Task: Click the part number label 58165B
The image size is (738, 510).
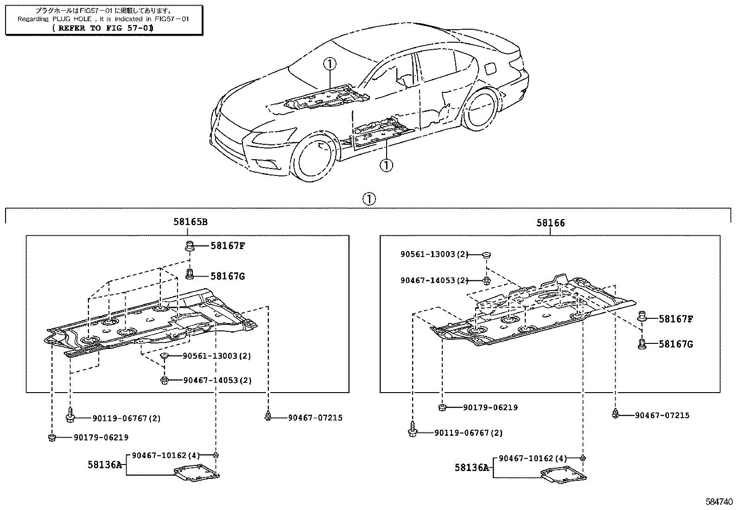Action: [190, 222]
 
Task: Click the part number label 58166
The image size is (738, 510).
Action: [551, 223]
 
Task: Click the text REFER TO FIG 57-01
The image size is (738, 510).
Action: [103, 28]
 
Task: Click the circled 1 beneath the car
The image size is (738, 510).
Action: [386, 164]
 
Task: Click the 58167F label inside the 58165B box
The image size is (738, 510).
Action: [227, 245]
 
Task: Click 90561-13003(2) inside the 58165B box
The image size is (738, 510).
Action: [210, 356]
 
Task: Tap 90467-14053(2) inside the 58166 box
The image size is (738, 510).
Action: [435, 280]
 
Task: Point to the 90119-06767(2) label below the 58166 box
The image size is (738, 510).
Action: [468, 433]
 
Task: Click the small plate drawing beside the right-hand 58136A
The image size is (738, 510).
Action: [563, 476]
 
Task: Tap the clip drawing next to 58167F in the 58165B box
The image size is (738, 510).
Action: [190, 245]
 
